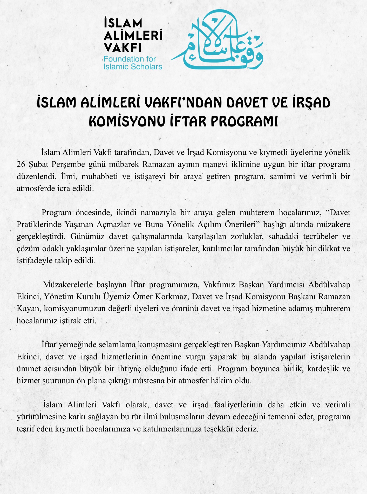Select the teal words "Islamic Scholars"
133,67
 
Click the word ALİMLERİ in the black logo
133,36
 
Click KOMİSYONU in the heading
127,121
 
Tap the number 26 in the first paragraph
21,164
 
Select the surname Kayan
28,309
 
